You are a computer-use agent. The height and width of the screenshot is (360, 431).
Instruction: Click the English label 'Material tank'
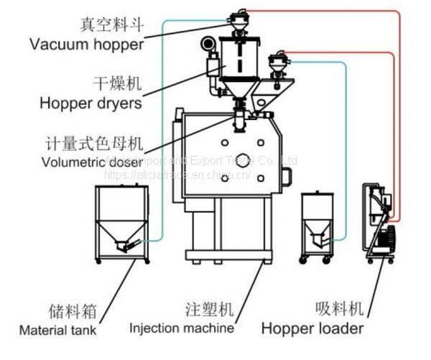point(58,331)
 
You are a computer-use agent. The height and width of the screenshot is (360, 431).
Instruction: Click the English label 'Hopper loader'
point(312,329)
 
